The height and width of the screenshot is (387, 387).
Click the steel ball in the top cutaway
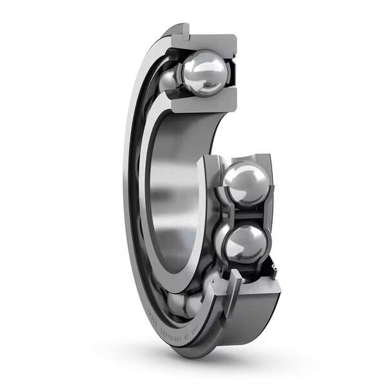[204, 73]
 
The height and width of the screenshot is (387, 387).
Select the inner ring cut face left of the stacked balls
[210, 213]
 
